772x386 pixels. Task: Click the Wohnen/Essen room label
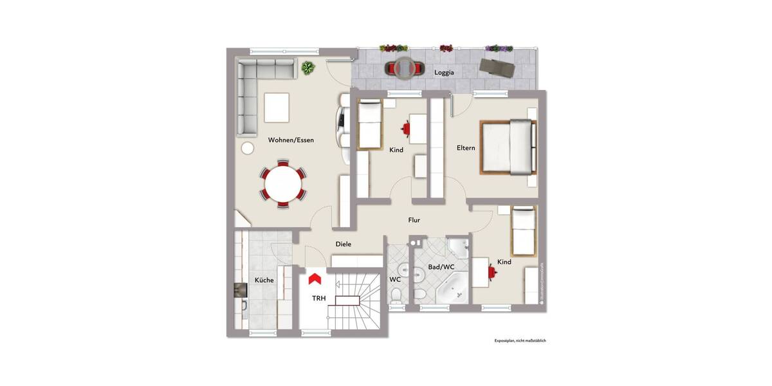[291, 140]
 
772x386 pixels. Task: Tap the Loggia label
[444, 73]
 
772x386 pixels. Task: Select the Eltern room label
[466, 148]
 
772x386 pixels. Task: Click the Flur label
[414, 220]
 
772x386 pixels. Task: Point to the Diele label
[344, 244]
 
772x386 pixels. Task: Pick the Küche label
[264, 280]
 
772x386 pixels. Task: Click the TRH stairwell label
[319, 299]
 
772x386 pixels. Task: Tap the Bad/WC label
[441, 267]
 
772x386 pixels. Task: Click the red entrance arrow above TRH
[315, 278]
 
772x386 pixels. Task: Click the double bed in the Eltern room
[508, 148]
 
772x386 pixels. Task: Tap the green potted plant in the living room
[309, 67]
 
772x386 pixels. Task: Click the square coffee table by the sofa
[277, 107]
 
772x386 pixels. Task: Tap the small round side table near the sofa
[248, 148]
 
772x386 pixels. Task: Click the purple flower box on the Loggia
[499, 48]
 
